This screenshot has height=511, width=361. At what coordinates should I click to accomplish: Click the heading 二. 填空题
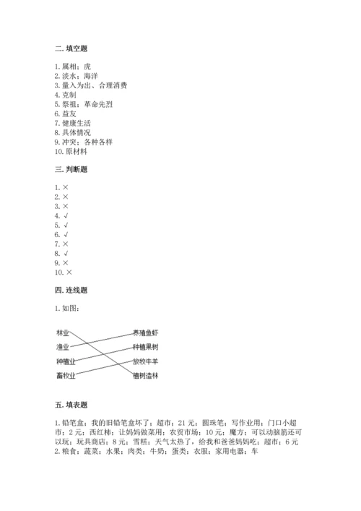point(71,48)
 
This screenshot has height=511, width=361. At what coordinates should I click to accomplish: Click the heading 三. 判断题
point(71,169)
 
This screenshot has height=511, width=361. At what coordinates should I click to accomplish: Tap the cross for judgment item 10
point(69,272)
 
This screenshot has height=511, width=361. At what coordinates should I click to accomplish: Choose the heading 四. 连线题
point(71,290)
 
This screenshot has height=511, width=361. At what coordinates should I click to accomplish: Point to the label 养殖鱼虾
point(145,332)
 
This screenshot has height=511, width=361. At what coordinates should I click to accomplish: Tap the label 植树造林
point(145,374)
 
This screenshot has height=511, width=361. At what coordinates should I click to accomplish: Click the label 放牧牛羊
point(145,360)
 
